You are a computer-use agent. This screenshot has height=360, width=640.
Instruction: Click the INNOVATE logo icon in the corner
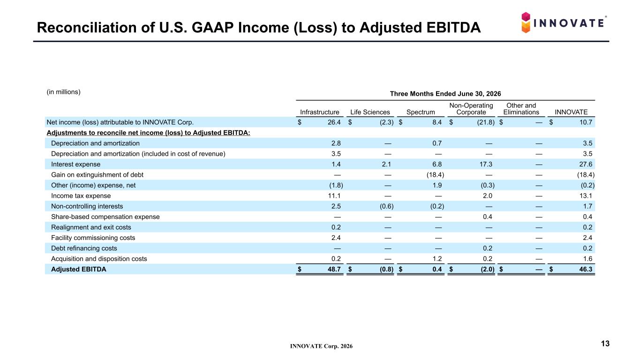point(526,22)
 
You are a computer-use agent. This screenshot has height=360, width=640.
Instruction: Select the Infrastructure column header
point(319,112)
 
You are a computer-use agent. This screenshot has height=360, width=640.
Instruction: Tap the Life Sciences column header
point(370,112)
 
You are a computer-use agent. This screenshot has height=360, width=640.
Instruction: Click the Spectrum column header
point(421,112)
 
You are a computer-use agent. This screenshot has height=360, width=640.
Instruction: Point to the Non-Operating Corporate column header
point(471,109)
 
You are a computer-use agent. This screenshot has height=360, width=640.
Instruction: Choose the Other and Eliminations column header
point(521,109)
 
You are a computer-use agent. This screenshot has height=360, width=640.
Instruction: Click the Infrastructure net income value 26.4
point(334,122)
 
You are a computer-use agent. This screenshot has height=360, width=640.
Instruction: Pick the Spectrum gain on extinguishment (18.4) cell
point(435,175)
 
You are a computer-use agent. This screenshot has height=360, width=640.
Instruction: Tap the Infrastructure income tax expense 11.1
point(334,196)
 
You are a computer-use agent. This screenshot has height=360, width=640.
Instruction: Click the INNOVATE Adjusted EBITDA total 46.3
point(586,269)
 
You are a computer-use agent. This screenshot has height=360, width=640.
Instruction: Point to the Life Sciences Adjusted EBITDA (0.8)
point(386,269)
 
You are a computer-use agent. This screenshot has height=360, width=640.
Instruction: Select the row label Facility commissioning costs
point(93,238)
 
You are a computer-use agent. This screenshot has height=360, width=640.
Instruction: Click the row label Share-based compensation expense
point(105,217)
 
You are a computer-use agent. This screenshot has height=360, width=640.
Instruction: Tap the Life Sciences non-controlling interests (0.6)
point(386,206)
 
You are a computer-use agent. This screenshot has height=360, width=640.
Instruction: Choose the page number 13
point(605,344)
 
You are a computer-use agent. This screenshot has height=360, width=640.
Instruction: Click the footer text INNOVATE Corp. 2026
point(321,346)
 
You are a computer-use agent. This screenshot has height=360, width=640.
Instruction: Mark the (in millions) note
point(63,92)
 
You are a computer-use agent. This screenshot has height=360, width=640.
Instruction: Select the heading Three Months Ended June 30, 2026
point(445,94)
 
